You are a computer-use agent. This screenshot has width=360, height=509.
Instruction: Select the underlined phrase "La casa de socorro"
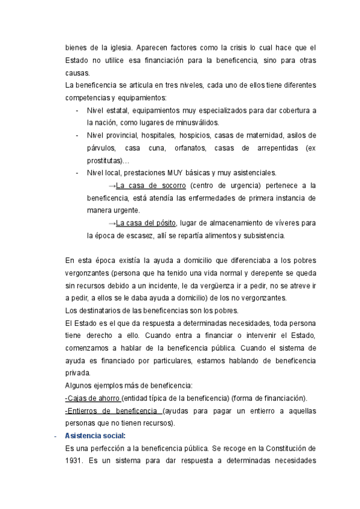point(151,185)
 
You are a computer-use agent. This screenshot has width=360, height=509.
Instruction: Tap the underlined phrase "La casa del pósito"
point(146,223)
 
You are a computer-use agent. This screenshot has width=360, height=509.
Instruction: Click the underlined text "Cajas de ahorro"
point(93,398)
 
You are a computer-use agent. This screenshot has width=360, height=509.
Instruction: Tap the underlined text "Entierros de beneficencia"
point(112,411)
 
